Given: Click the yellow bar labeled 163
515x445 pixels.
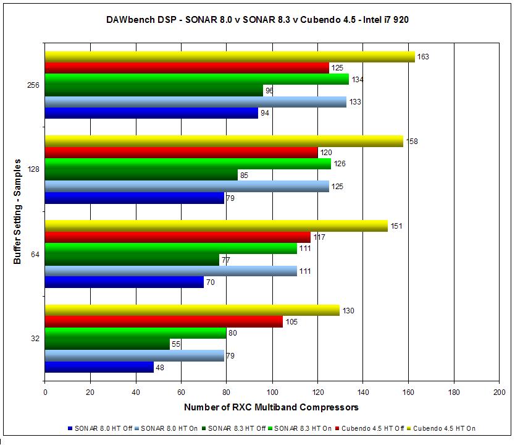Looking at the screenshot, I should pos(230,57).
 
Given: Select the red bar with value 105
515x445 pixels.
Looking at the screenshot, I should pos(164,322).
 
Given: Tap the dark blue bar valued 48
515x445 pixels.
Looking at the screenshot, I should pos(99,367).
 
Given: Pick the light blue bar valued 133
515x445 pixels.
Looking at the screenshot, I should pos(196,102).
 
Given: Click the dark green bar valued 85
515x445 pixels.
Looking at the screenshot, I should pos(141,175).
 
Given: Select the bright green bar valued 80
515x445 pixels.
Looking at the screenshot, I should pos(135,333).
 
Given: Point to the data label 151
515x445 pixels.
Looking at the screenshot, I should pos(397,226).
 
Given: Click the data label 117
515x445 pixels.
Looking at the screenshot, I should pos(319,237).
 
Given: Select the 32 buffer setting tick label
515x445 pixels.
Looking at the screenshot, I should pos(35,339).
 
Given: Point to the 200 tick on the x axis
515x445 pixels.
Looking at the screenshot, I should pos(499,392).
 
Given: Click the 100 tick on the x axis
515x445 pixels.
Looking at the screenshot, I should pos(272,392).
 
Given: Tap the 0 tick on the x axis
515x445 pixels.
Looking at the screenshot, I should pos(45,392).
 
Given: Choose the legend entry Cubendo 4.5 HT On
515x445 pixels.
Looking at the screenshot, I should pos(444,428).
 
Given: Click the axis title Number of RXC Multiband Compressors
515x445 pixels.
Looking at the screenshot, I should pos(271,407).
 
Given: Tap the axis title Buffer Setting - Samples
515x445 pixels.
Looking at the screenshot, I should pos(17,211).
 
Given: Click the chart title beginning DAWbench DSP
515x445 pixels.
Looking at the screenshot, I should pos(257,20).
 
